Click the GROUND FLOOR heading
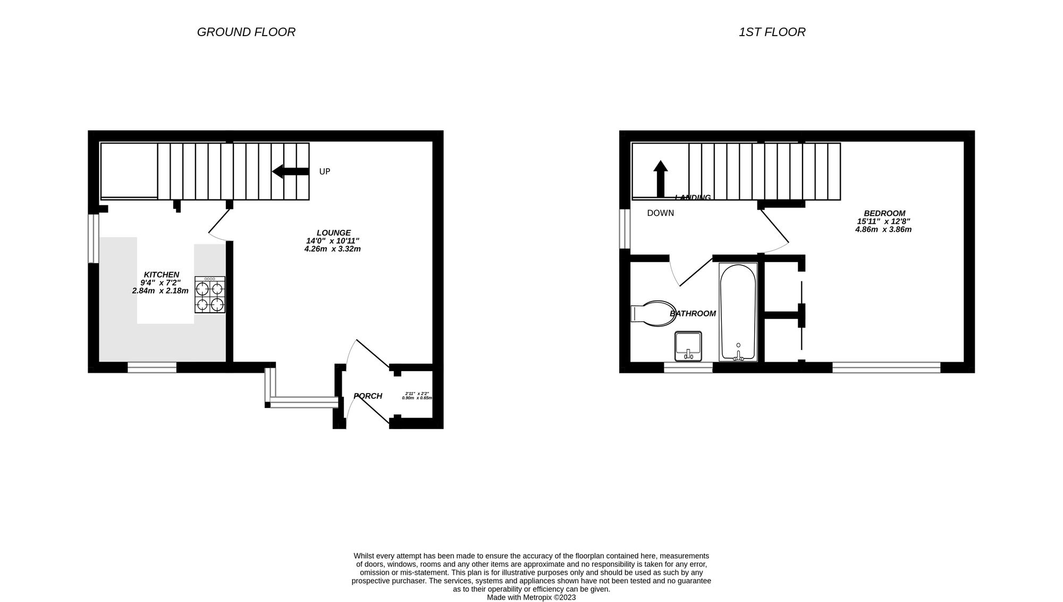pyautogui.click(x=246, y=32)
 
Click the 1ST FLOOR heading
pyautogui.click(x=772, y=32)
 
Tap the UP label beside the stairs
pyautogui.click(x=324, y=172)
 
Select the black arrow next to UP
pyautogui.click(x=290, y=171)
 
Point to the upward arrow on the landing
pyautogui.click(x=661, y=179)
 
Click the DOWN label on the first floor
pyautogui.click(x=660, y=213)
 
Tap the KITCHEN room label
pyautogui.click(x=161, y=274)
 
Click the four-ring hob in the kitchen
pyautogui.click(x=210, y=295)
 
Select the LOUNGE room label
pyautogui.click(x=333, y=232)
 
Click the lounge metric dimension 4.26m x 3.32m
pyautogui.click(x=332, y=249)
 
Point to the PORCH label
pyautogui.click(x=368, y=396)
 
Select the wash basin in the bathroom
pyautogui.click(x=688, y=346)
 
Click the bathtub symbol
pyautogui.click(x=738, y=312)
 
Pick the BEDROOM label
pyautogui.click(x=884, y=213)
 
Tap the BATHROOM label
pyautogui.click(x=693, y=314)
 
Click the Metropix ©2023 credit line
pyautogui.click(x=531, y=597)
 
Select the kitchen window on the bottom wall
pyautogui.click(x=152, y=367)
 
